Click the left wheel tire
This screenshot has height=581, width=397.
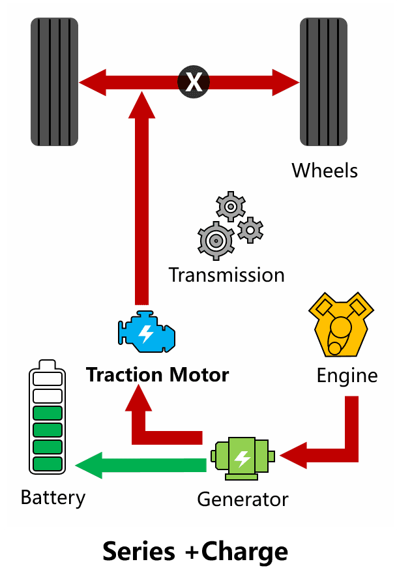pyautogui.click(x=55, y=82)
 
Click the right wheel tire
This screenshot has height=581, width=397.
pyautogui.click(x=324, y=82)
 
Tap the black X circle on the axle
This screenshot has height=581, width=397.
pyautogui.click(x=194, y=82)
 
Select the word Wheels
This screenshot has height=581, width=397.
pyautogui.click(x=325, y=171)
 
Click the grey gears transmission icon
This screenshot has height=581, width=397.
pyautogui.click(x=230, y=226)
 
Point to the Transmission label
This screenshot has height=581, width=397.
pyautogui.click(x=227, y=275)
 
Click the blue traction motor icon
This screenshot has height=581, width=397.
pyautogui.click(x=147, y=331)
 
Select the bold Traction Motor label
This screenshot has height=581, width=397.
pyautogui.click(x=157, y=374)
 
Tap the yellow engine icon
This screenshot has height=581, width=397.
pyautogui.click(x=341, y=324)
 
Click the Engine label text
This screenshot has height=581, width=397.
pyautogui.click(x=347, y=376)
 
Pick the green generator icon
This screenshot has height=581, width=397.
pyautogui.click(x=243, y=458)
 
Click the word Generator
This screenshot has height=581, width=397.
pyautogui.click(x=243, y=499)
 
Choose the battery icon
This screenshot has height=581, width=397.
pyautogui.click(x=48, y=417)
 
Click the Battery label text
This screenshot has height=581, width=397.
pyautogui.click(x=53, y=498)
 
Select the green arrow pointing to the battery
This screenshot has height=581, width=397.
pyautogui.click(x=141, y=466)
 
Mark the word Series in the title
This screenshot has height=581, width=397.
pyautogui.click(x=139, y=552)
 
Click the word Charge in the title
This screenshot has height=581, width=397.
pyautogui.click(x=244, y=552)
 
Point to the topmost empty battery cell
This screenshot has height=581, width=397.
pyautogui.click(x=48, y=379)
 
